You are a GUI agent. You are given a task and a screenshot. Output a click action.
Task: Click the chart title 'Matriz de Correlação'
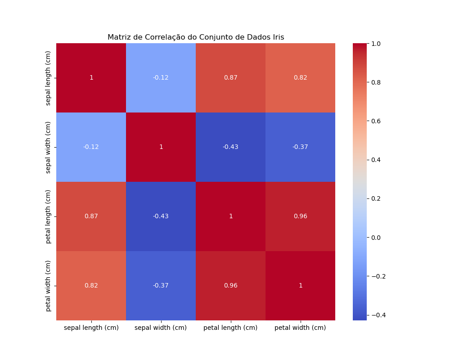pyautogui.click(x=196, y=37)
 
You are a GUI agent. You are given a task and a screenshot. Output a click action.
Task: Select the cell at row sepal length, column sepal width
pyautogui.click(x=161, y=78)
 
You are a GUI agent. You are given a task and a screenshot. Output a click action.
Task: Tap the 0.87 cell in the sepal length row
pyautogui.click(x=230, y=78)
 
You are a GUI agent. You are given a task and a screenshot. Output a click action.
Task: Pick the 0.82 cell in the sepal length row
pyautogui.click(x=300, y=78)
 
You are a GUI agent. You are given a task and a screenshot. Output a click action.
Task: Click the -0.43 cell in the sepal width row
pyautogui.click(x=230, y=147)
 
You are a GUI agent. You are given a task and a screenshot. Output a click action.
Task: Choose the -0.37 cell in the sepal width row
pyautogui.click(x=300, y=147)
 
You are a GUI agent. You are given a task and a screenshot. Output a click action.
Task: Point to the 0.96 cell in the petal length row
pyautogui.click(x=300, y=216)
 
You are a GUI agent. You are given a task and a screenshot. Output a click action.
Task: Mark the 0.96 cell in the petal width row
pyautogui.click(x=230, y=286)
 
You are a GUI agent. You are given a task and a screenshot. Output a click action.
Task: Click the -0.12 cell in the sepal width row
pyautogui.click(x=91, y=147)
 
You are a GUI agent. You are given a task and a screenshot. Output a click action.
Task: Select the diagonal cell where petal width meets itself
pyautogui.click(x=300, y=286)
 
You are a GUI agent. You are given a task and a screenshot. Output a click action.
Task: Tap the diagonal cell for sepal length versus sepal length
pyautogui.click(x=91, y=78)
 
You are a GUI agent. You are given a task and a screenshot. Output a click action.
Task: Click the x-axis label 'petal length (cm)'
pyautogui.click(x=230, y=328)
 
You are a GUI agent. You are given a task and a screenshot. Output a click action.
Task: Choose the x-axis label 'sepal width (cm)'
pyautogui.click(x=161, y=328)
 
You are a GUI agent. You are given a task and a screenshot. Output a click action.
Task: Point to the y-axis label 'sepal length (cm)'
pyautogui.click(x=48, y=78)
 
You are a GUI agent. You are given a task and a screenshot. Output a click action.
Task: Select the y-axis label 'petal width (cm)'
pyautogui.click(x=48, y=286)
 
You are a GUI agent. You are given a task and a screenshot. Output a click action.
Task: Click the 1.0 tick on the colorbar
pyautogui.click(x=376, y=44)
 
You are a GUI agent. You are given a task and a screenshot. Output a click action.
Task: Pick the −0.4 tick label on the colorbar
pyautogui.click(x=378, y=315)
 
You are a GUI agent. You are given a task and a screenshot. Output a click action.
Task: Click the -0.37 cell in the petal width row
pyautogui.click(x=161, y=286)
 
